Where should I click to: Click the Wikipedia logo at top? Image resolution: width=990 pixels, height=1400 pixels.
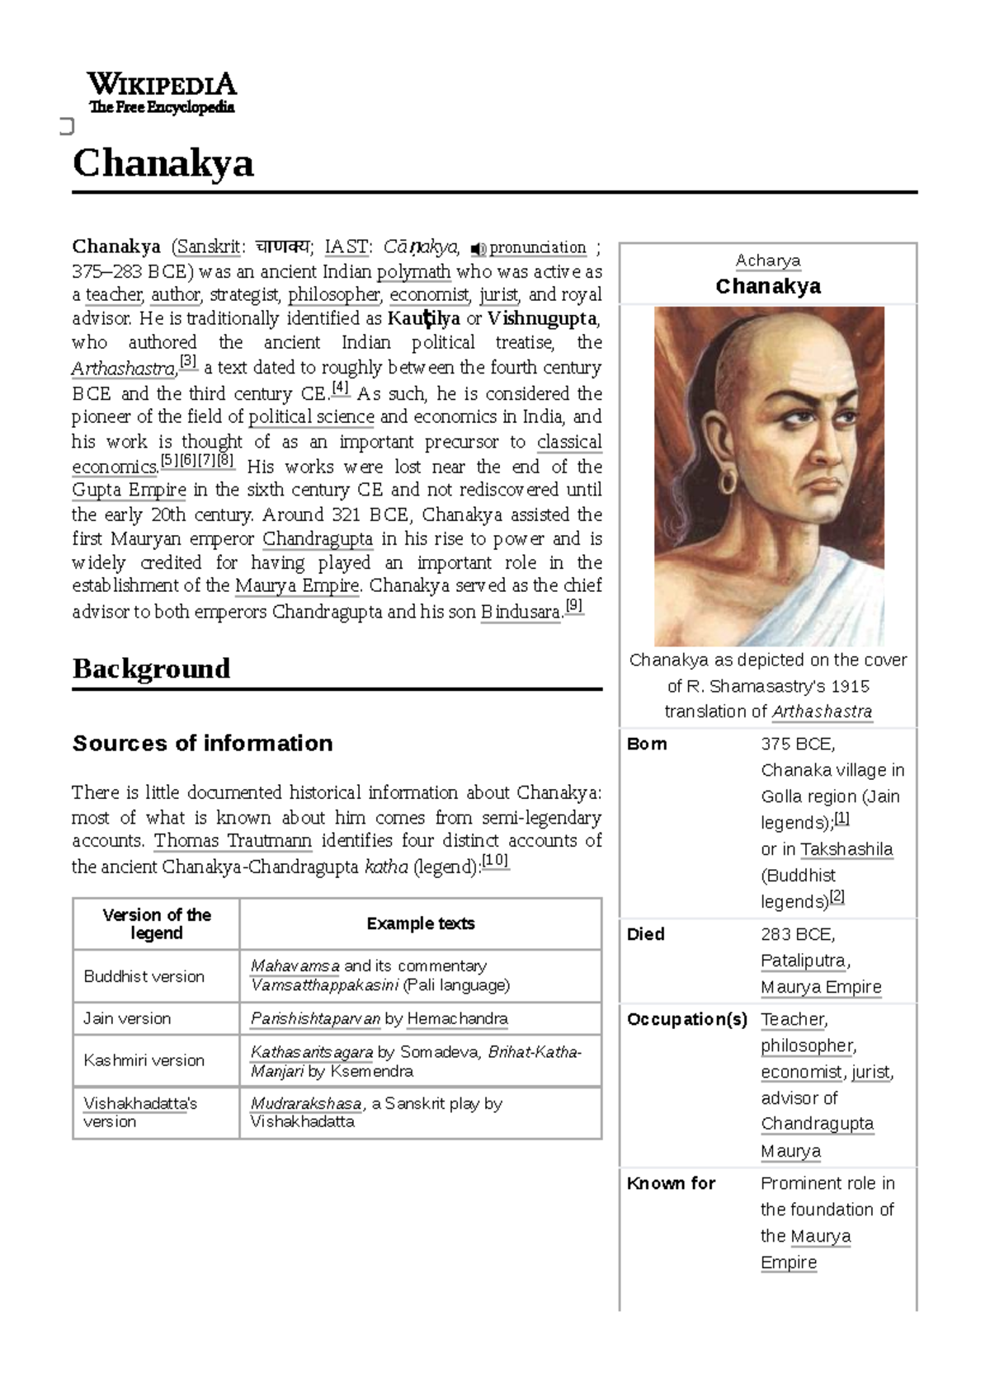point(162,93)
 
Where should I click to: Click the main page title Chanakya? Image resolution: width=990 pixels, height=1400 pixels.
point(163,163)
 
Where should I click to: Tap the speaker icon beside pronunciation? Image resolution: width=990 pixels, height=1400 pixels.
point(477,248)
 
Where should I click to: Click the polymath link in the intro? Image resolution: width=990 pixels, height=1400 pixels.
point(413,271)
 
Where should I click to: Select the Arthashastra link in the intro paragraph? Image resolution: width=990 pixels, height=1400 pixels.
point(123,369)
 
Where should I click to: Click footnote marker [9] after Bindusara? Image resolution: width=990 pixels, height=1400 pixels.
point(574,608)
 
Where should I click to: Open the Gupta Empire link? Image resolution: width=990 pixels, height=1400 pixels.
point(129,490)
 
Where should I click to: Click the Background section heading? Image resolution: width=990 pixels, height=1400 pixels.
point(151,668)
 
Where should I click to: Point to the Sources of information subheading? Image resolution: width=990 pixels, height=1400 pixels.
point(203,743)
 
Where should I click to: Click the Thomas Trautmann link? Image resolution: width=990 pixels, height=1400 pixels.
point(233,841)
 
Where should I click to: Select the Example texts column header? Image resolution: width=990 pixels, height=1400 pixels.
point(420,923)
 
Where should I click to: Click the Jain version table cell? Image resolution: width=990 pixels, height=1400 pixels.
point(127,1018)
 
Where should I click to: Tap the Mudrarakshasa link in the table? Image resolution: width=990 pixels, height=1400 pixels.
point(306,1103)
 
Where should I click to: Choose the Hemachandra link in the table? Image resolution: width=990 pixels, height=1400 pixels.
point(457,1018)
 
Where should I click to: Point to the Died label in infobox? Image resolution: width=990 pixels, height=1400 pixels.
point(645,934)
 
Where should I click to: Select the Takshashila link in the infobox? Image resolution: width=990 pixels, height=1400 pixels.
point(846,849)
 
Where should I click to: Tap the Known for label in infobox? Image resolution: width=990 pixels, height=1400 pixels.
point(671,1183)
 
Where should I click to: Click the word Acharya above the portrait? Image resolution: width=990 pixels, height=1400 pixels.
point(768,261)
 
